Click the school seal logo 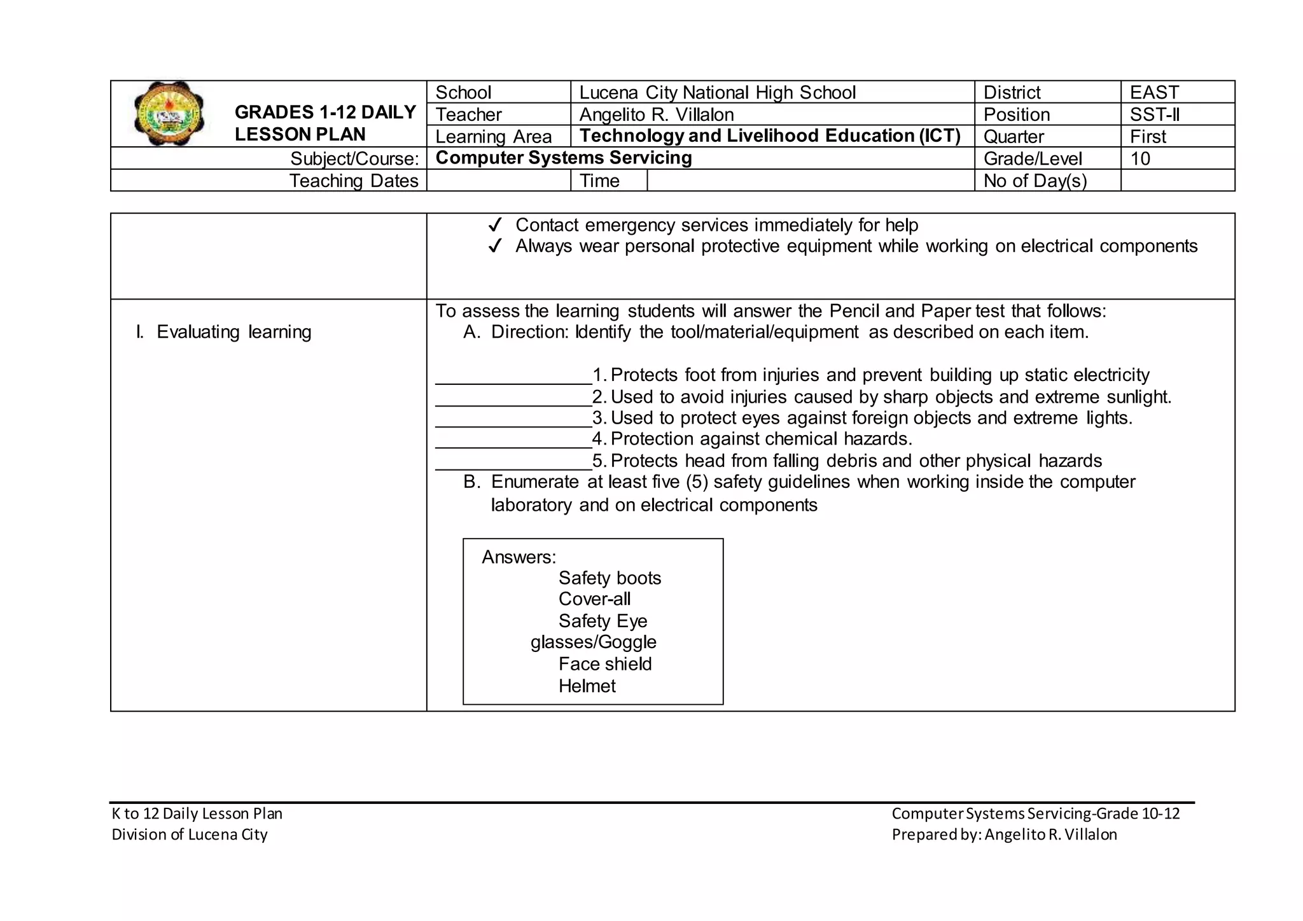169,114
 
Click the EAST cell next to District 1154,92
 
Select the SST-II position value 1154,114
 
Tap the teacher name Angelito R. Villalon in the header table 656,114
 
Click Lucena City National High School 717,92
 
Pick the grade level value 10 1140,158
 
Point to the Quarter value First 1148,136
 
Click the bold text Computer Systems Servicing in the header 563,158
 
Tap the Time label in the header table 599,181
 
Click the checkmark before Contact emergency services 495,225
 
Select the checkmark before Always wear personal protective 495,246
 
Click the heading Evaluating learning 233,332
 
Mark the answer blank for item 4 513,442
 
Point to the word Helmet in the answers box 587,686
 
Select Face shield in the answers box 604,664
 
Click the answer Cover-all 594,599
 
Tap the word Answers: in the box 519,557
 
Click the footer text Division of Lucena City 190,834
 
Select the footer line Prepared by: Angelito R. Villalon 1004,834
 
